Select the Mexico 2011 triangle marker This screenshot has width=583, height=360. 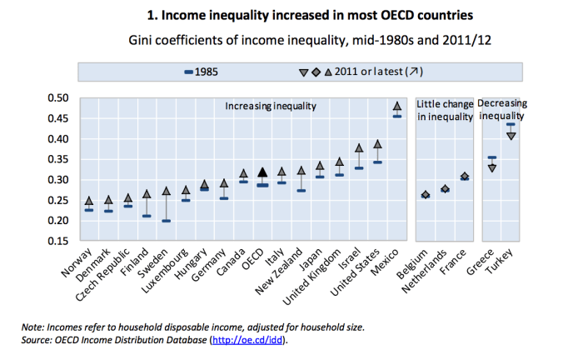click(397, 106)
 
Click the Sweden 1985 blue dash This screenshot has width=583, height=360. click(166, 221)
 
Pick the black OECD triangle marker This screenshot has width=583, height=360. click(262, 172)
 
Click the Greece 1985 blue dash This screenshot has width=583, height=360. click(492, 157)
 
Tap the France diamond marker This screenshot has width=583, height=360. click(465, 177)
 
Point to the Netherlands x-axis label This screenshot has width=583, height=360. click(425, 273)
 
